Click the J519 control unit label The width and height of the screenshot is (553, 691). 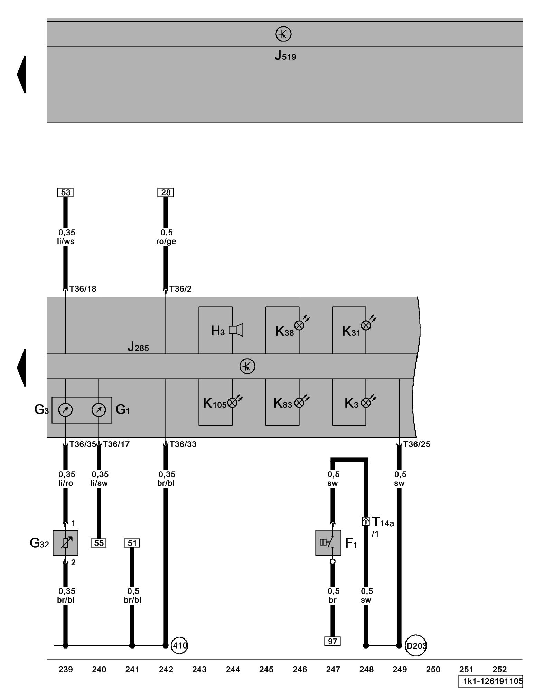tap(285, 56)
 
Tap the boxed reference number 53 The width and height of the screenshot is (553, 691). tap(66, 192)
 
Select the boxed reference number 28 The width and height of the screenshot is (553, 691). tap(166, 192)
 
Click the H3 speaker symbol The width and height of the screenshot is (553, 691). tap(236, 330)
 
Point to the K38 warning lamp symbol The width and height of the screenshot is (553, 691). tap(299, 325)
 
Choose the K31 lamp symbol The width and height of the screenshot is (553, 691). tap(366, 325)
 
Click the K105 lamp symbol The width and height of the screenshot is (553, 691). tap(233, 403)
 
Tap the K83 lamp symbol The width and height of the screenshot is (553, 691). tap(299, 403)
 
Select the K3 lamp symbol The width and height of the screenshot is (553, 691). tap(366, 403)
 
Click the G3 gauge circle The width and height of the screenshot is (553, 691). tap(65, 410)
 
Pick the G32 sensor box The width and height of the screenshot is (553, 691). tap(65, 543)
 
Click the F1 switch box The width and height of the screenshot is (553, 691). tap(328, 543)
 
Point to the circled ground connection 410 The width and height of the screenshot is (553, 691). tap(180, 645)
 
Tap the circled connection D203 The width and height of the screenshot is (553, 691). tap(416, 645)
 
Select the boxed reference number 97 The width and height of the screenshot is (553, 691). tap(332, 641)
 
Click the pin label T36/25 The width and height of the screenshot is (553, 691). tap(416, 444)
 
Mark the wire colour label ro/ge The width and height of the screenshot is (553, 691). tap(166, 242)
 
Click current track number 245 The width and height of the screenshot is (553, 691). tap(266, 670)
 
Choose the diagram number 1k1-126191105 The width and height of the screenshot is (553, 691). tap(493, 681)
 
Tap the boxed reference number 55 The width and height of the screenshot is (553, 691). tap(99, 543)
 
